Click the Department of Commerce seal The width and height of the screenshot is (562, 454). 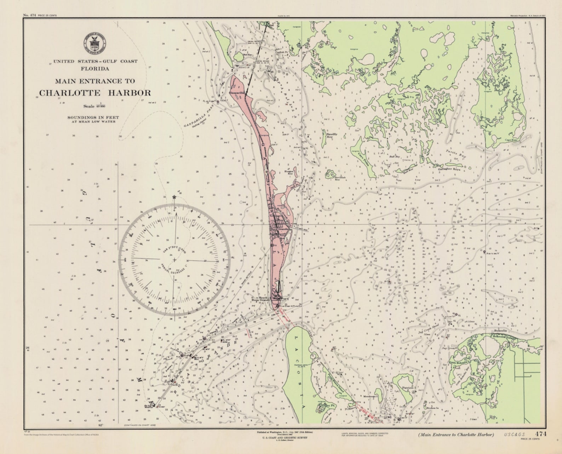pos(94,43)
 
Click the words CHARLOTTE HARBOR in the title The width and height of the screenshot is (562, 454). pos(95,93)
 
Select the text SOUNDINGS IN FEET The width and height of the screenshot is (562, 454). pos(93,117)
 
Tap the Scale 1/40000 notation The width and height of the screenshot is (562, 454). pos(94,105)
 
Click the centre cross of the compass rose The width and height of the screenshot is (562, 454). pos(174,260)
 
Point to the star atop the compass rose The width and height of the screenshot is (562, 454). pos(174,197)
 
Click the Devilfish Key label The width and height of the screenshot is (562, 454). pos(340,178)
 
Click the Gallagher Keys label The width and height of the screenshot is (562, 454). pos(449,169)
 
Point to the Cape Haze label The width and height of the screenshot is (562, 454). pos(511,140)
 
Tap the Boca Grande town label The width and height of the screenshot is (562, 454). pos(280,229)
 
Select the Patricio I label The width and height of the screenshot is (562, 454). pos(409,388)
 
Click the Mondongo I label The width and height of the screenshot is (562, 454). pos(370,397)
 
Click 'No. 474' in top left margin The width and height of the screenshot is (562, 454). pos(29,15)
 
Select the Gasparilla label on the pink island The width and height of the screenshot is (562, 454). pos(237,92)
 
